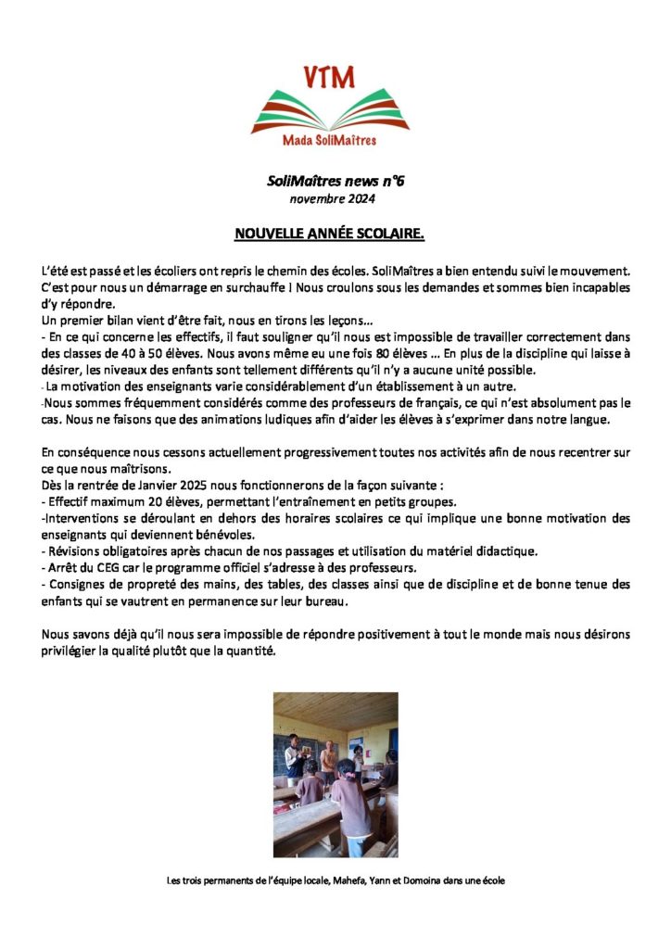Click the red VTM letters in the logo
pos(329,77)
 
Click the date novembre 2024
pos(333,198)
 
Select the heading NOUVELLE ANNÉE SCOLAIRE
pos(329,234)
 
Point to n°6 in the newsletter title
pos(390,182)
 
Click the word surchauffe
pos(262,287)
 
